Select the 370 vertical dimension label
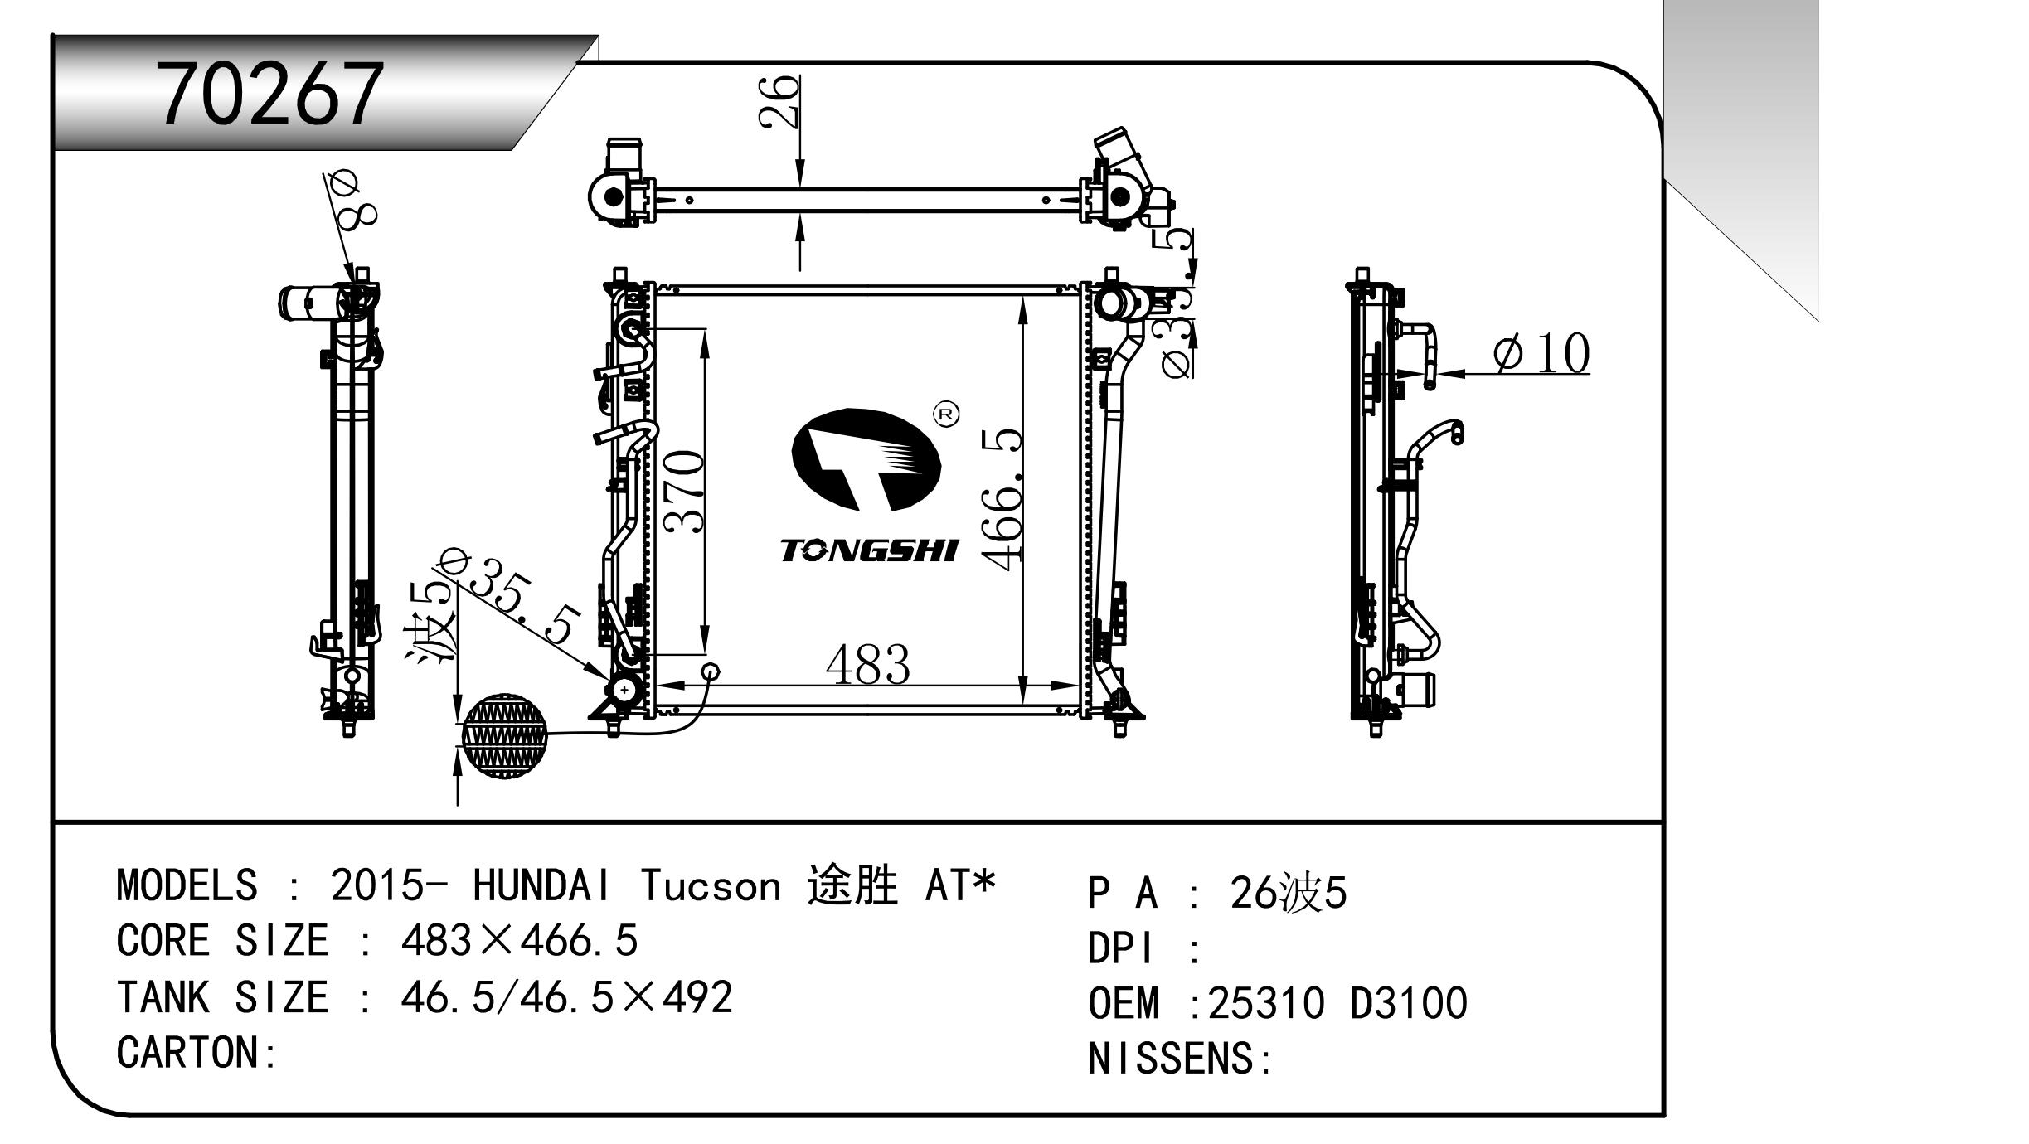click(686, 492)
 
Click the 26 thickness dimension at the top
click(779, 101)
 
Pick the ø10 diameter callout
click(1541, 353)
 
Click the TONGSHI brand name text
click(868, 550)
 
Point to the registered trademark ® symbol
click(946, 414)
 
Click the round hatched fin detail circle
click(504, 736)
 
